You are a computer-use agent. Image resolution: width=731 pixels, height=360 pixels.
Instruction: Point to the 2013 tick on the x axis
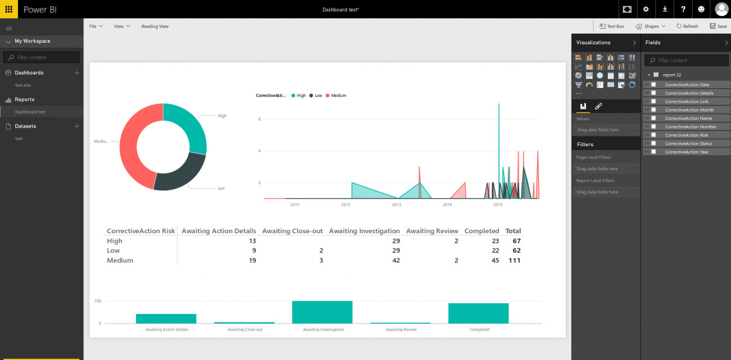pyautogui.click(x=396, y=205)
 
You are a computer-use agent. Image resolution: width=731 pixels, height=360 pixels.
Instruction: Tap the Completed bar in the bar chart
pyautogui.click(x=479, y=313)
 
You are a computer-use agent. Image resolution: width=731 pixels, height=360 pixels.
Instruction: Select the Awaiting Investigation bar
pyautogui.click(x=322, y=312)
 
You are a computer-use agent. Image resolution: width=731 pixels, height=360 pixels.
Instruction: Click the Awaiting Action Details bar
pyautogui.click(x=166, y=319)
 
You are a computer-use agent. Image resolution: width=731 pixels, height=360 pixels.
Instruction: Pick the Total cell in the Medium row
pyautogui.click(x=513, y=260)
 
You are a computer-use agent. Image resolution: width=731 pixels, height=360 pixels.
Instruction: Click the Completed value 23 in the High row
pyautogui.click(x=495, y=241)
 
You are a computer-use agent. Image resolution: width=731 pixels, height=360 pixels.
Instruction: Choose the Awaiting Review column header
pyautogui.click(x=432, y=231)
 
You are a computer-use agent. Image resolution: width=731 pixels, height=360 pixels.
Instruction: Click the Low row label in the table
pyautogui.click(x=113, y=250)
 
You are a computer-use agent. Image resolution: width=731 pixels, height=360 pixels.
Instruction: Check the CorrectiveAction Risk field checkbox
pyautogui.click(x=654, y=135)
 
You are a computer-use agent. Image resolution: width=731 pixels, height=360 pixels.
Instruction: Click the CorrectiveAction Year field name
pyautogui.click(x=687, y=152)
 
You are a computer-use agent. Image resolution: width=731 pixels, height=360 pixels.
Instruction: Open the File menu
pyautogui.click(x=96, y=26)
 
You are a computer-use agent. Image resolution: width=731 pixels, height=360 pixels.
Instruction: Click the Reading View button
pyautogui.click(x=155, y=26)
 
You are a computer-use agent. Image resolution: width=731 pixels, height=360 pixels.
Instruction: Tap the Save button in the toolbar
pyautogui.click(x=718, y=26)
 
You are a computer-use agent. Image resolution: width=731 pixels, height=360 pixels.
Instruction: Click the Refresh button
pyautogui.click(x=687, y=26)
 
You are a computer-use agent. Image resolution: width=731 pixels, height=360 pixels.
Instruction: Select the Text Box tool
pyautogui.click(x=612, y=26)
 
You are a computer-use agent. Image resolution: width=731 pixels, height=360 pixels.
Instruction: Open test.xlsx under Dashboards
pyautogui.click(x=23, y=85)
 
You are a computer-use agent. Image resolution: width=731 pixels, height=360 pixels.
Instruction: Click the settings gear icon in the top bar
pyautogui.click(x=646, y=9)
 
